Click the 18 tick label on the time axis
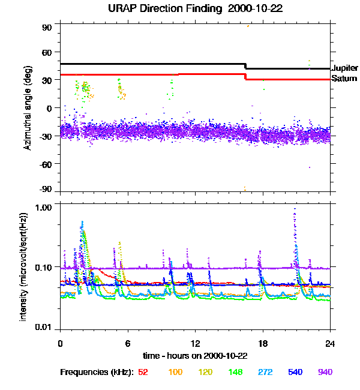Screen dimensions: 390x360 (262, 343)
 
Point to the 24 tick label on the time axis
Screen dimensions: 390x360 (330, 343)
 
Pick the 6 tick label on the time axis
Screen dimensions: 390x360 (127, 343)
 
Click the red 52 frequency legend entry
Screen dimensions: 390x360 (143, 372)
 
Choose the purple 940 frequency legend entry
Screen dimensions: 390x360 (325, 372)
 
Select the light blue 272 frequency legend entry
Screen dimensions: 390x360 (266, 372)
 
